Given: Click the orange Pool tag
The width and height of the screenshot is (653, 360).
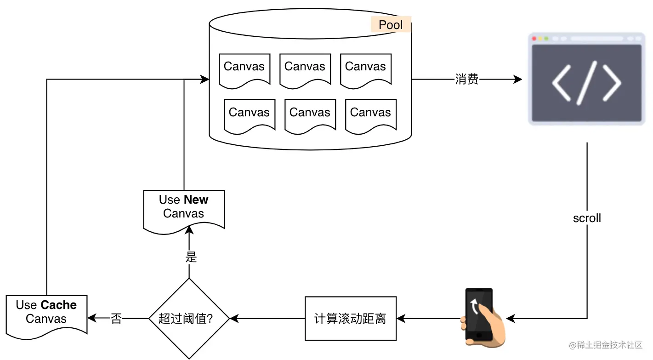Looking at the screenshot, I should (x=391, y=25).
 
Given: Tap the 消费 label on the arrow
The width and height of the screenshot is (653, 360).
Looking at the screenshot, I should (x=466, y=80).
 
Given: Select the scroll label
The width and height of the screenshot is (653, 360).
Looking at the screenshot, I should (x=587, y=218).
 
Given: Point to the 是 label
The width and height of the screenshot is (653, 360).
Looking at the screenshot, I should (x=191, y=257).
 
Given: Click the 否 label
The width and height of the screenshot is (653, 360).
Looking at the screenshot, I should (x=116, y=319).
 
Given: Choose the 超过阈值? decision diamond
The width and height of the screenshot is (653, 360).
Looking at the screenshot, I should (x=189, y=319).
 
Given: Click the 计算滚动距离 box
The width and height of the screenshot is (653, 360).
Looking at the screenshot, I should (x=350, y=319).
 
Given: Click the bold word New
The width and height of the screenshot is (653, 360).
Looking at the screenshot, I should (x=196, y=200).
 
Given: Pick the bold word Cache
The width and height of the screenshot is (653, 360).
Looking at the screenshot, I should (x=58, y=305).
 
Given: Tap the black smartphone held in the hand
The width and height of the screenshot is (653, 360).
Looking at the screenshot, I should (x=479, y=315).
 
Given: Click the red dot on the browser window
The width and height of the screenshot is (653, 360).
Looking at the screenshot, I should (x=534, y=39).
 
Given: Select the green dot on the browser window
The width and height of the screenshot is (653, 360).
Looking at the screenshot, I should (x=546, y=39).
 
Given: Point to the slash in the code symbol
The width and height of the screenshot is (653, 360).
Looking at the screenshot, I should (x=586, y=83).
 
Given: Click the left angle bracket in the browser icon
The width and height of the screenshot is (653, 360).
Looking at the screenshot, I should (x=562, y=83).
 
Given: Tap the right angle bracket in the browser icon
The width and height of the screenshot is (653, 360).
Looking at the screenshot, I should (x=611, y=83).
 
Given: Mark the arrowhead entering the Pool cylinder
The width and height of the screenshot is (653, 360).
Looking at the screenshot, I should (x=205, y=80).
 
